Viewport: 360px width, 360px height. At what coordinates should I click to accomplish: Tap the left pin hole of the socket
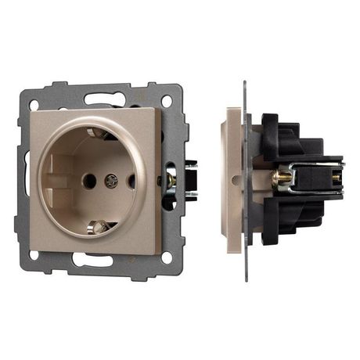pyautogui.click(x=89, y=181)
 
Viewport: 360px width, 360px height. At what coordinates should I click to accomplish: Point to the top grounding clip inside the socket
pyautogui.click(x=99, y=133)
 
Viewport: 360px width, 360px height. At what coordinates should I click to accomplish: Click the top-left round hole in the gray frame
pyautogui.click(x=34, y=103)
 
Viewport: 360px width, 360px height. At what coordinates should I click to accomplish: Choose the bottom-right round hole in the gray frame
pyautogui.click(x=166, y=257)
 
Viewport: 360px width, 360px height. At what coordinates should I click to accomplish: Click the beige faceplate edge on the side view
pyautogui.click(x=231, y=180)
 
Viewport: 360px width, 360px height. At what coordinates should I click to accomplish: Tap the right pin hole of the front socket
pyautogui.click(x=131, y=181)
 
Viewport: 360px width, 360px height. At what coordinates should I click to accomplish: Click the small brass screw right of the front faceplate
pyautogui.click(x=167, y=179)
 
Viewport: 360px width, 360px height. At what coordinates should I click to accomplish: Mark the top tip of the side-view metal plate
pyautogui.click(x=245, y=85)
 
